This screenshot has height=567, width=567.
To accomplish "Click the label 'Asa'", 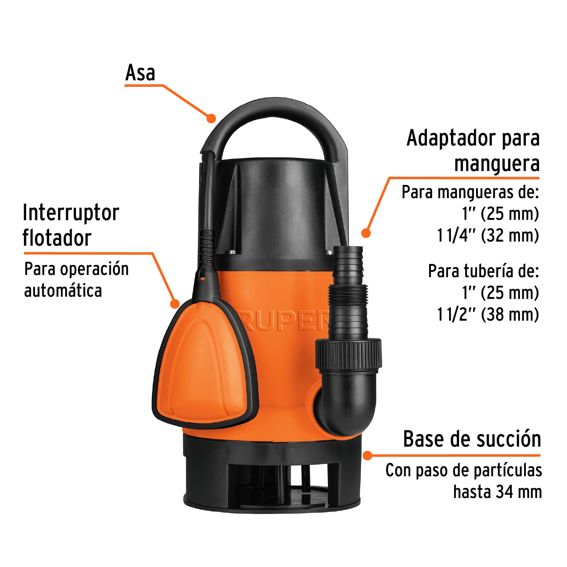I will [140, 73].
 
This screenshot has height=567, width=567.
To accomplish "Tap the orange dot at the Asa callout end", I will [211, 118].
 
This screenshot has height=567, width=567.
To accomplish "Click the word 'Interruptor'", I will [71, 213].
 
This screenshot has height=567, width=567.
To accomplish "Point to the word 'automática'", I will [63, 290].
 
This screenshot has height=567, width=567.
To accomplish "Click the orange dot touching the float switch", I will [175, 304].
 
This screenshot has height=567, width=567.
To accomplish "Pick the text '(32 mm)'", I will [510, 235].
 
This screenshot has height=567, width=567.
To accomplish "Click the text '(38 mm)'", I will [510, 314].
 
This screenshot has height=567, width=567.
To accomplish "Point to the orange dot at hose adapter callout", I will [365, 233].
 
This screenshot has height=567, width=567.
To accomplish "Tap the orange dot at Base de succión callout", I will [367, 455].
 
